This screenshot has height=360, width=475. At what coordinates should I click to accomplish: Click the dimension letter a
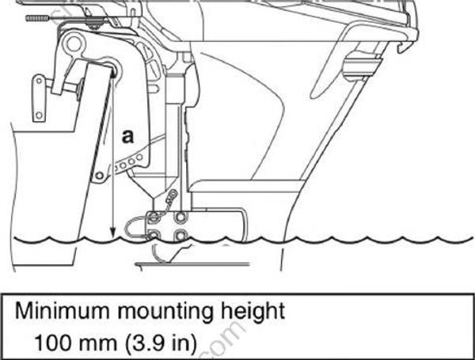click(x=127, y=136)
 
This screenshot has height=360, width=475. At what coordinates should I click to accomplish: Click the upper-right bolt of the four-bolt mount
click(x=181, y=216)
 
